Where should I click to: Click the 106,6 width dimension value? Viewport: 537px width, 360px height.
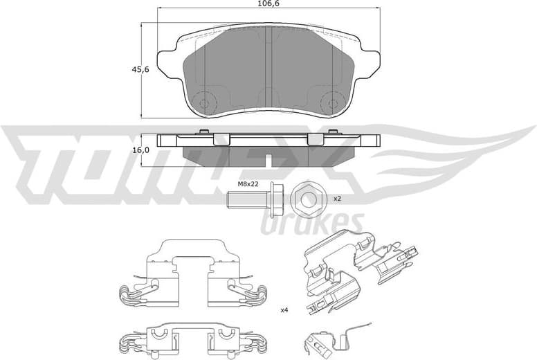[x=268, y=5]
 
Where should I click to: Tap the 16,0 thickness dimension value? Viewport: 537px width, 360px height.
[x=140, y=150]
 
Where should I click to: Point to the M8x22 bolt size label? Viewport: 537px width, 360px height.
[x=248, y=184]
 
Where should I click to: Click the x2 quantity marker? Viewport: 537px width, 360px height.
[x=338, y=199]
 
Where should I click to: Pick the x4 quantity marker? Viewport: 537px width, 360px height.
[x=284, y=309]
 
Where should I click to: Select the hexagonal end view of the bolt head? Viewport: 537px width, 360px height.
[x=307, y=199]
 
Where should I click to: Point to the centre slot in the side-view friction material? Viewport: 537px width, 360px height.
[x=268, y=160]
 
